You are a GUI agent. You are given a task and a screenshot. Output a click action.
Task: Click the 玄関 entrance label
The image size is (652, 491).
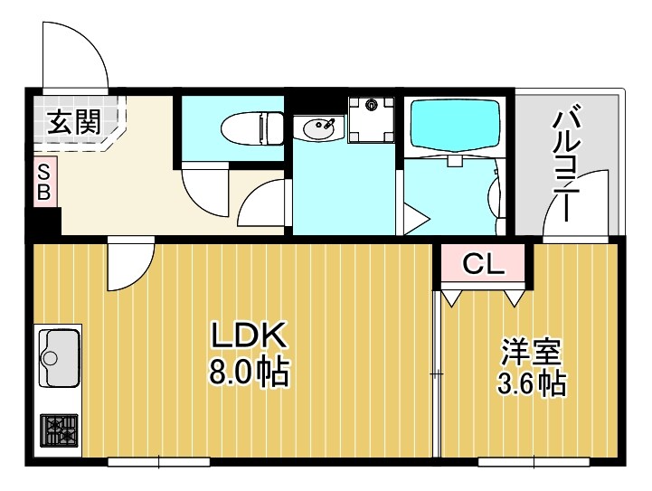tap(73, 122)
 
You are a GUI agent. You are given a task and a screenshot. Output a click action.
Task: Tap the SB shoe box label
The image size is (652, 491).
tap(44, 184)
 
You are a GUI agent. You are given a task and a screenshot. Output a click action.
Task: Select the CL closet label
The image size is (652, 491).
tap(483, 264)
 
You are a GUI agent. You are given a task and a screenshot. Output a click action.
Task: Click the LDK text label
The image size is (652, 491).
tap(249, 336)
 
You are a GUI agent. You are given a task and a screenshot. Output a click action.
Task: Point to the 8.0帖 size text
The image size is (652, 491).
tap(249, 371)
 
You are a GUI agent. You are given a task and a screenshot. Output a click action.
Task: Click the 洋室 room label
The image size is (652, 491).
tap(532, 351)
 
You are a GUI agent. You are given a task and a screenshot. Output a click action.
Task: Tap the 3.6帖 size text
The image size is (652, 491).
tap(532, 383)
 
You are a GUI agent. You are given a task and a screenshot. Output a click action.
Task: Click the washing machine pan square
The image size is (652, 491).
tap(371, 118)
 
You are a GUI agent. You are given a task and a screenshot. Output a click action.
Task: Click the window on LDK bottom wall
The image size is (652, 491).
tap(158, 462)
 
